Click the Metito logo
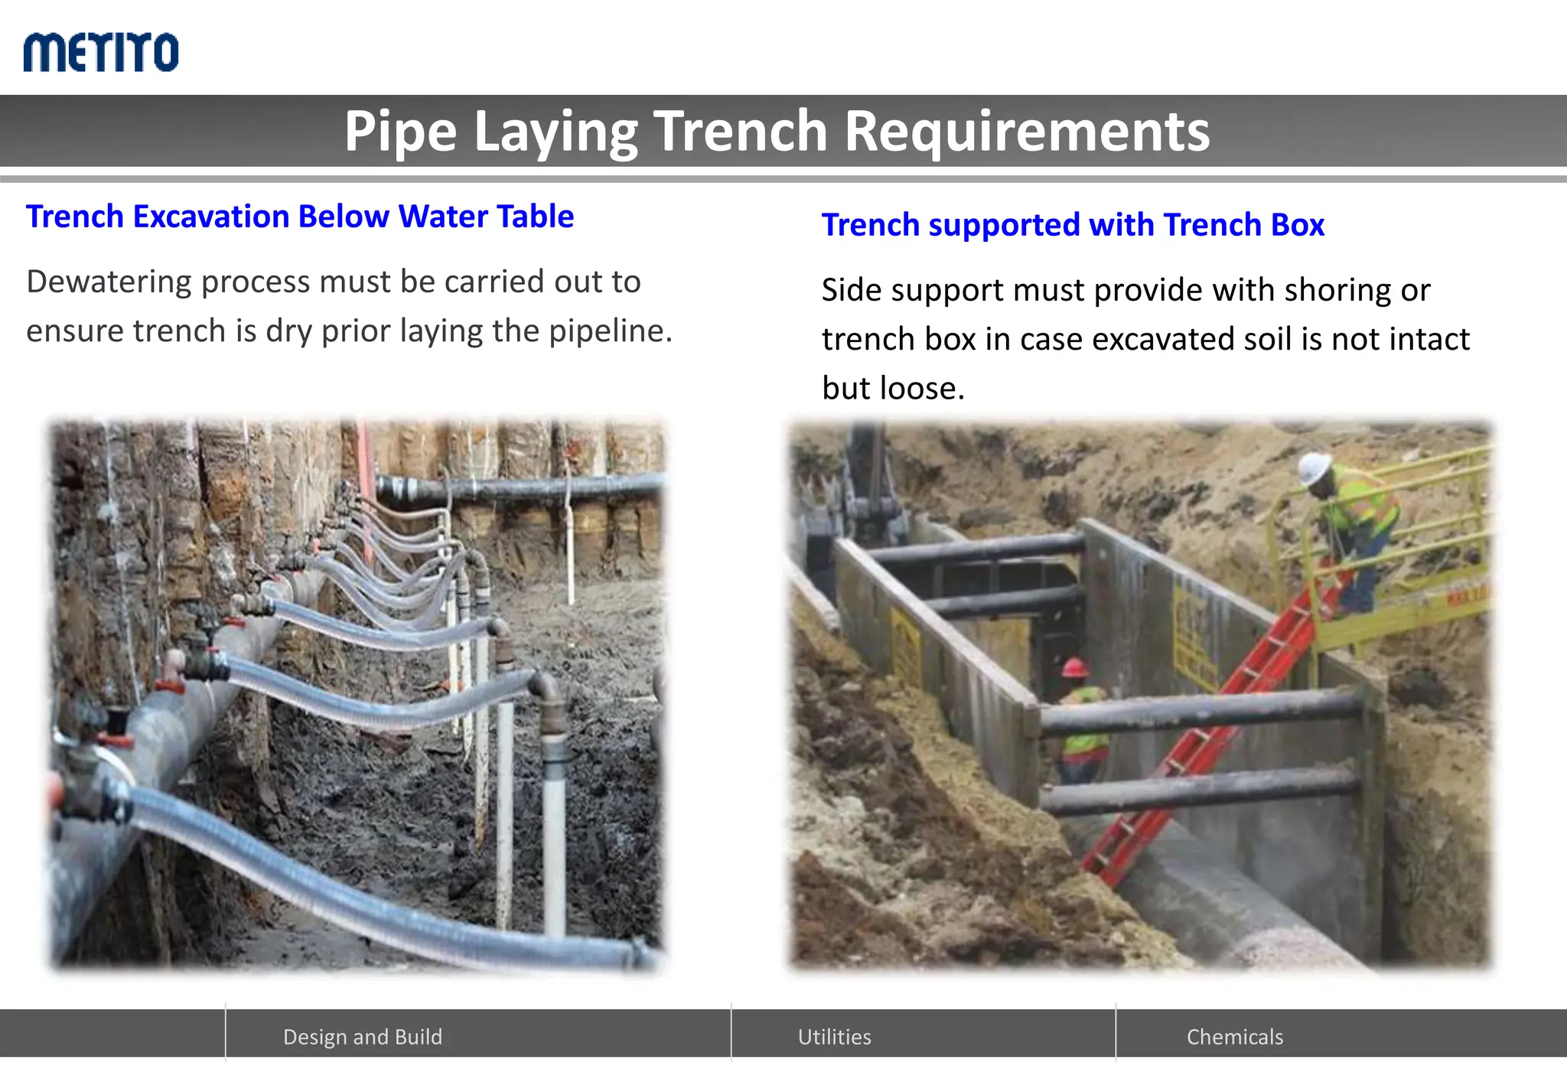tap(101, 52)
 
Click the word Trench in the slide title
tap(740, 131)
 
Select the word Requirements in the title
tap(1027, 131)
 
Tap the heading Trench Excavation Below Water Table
tap(300, 217)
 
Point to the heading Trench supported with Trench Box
tap(1073, 225)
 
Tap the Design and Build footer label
tap(363, 1037)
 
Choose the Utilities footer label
tap(834, 1037)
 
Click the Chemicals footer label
tap(1234, 1037)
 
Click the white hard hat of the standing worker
tap(1315, 466)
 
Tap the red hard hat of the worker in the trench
tap(1075, 667)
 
